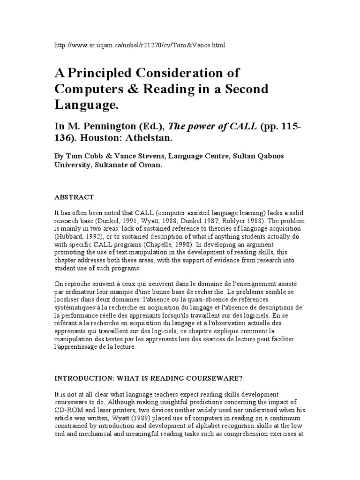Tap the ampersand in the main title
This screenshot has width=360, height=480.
pyautogui.click(x=123, y=89)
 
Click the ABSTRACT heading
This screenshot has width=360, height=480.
pyautogui.click(x=75, y=197)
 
